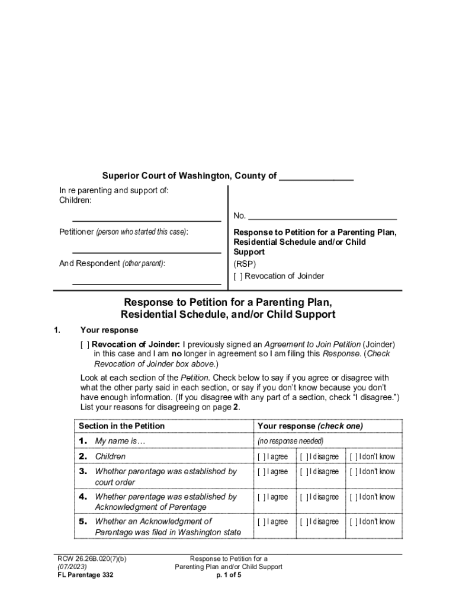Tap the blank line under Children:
pyautogui.click(x=146, y=220)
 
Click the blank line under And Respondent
pyautogui.click(x=146, y=283)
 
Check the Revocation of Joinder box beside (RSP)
pyautogui.click(x=238, y=276)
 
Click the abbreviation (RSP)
pyautogui.click(x=245, y=264)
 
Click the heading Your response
pyautogui.click(x=109, y=330)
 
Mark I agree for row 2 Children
pyautogui.click(x=261, y=457)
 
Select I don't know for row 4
pyautogui.click(x=354, y=497)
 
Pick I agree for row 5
pyautogui.click(x=261, y=522)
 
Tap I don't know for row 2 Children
pyautogui.click(x=354, y=457)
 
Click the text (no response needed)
pyautogui.click(x=290, y=442)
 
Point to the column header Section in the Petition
pyautogui.click(x=121, y=426)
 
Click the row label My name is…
pyautogui.click(x=120, y=441)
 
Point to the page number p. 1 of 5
pyautogui.click(x=229, y=575)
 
